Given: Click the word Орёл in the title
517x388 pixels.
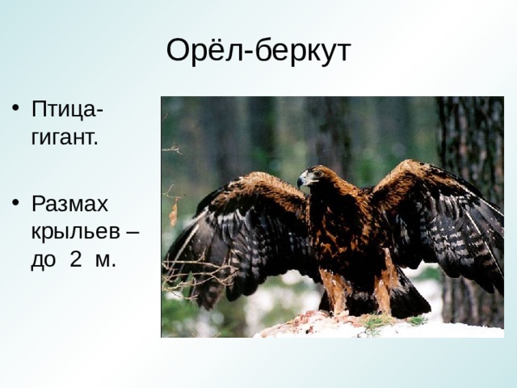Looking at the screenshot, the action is coord(204,50).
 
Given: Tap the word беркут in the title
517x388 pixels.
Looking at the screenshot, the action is coord(303,51).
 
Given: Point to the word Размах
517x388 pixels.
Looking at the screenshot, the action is coord(70,205).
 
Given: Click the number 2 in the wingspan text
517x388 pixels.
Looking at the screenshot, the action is coord(76,259).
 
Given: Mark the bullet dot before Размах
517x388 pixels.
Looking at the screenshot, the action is coord(15,203).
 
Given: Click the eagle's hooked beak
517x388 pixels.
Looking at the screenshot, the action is coord(301,182).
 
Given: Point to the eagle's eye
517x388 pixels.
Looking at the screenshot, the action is coord(317,173).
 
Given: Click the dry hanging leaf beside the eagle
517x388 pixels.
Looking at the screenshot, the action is coord(174,213).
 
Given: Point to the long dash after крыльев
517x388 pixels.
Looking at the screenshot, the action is coord(132,232).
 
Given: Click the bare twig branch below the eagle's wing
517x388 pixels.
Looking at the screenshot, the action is coord(198,271).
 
